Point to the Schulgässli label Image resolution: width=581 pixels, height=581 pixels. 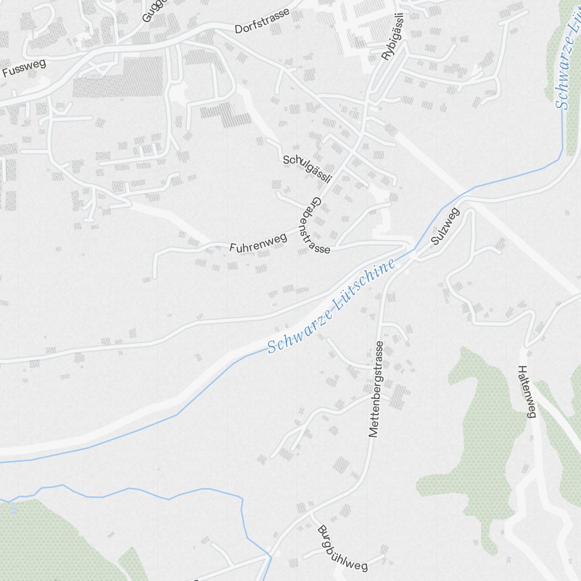(307, 168)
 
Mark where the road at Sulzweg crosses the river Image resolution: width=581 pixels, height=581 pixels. (415, 251)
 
